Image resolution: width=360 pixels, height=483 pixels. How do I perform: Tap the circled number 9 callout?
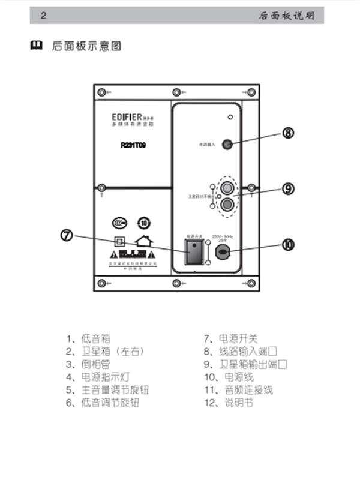click(x=289, y=188)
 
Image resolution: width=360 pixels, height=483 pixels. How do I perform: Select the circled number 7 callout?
click(x=67, y=236)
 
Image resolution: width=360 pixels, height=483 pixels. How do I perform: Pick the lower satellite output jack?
click(x=227, y=205)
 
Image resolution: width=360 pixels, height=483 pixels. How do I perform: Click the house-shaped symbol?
click(x=143, y=242)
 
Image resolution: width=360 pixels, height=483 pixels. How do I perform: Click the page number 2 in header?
click(x=43, y=16)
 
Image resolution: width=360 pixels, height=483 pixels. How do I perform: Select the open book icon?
click(x=36, y=46)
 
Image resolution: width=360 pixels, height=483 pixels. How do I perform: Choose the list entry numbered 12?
click(x=229, y=404)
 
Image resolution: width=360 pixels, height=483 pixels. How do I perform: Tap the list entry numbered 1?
click(x=88, y=339)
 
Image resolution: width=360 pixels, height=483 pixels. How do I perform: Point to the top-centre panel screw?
click(x=176, y=92)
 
